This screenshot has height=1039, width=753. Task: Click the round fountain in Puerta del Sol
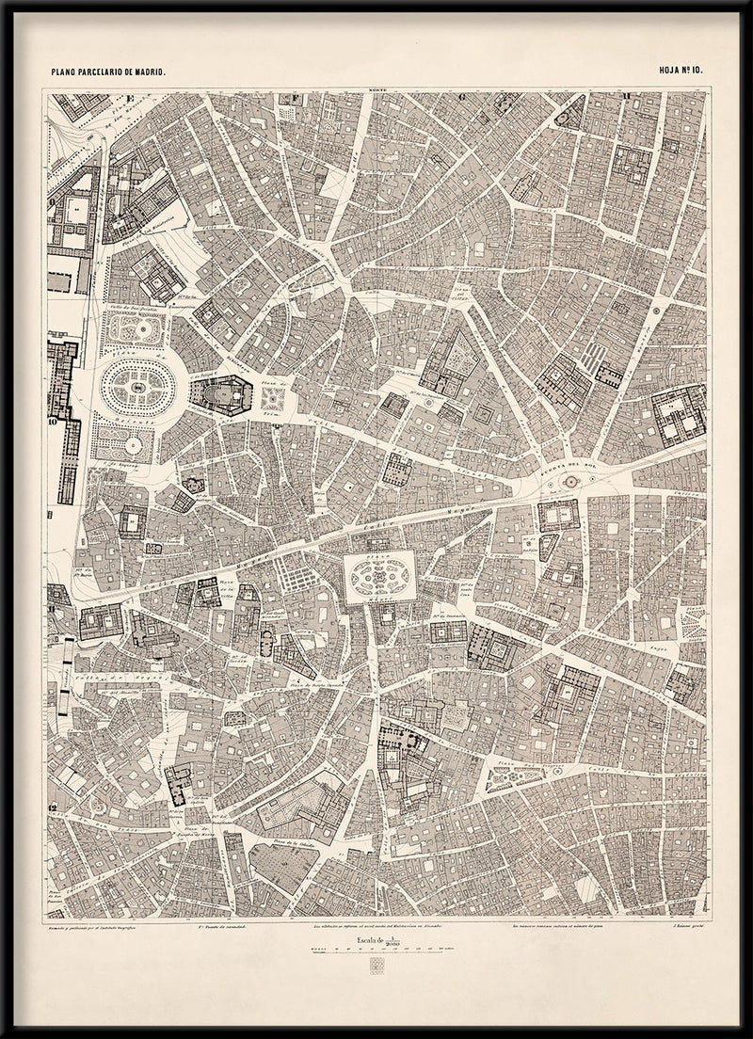[x=569, y=482]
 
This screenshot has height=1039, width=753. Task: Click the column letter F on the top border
[x=295, y=96]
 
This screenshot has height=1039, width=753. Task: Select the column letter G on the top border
[x=462, y=96]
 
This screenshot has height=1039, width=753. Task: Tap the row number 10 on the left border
[x=52, y=423]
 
